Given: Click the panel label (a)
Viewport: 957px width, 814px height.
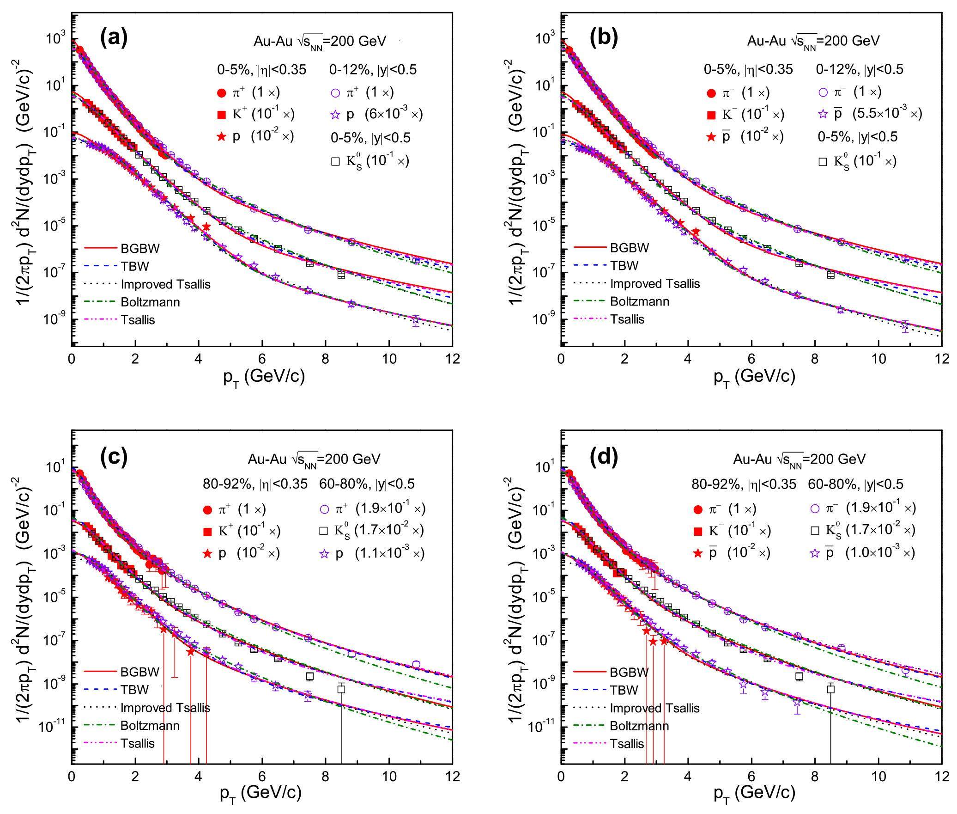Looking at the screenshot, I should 113,38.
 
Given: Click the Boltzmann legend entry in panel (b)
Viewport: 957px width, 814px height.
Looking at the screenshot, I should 640,301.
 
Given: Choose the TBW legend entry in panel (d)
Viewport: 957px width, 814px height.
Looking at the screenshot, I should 624,690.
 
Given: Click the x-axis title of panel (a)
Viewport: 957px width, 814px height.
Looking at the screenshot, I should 264,377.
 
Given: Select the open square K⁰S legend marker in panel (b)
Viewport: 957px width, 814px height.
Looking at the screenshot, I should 823,162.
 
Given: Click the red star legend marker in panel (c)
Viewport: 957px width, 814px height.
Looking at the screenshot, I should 208,553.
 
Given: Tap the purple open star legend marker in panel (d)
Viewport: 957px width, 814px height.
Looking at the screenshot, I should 815,553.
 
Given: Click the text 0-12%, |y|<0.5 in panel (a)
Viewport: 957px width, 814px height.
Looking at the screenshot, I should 373,70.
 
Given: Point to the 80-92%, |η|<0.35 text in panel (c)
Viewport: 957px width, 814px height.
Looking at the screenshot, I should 255,484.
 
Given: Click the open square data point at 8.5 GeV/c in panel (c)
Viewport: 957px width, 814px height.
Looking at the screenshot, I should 341,689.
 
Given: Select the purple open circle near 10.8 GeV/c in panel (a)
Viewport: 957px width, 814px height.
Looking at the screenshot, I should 416,261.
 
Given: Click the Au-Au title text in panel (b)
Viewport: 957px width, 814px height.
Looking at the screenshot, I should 813,41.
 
